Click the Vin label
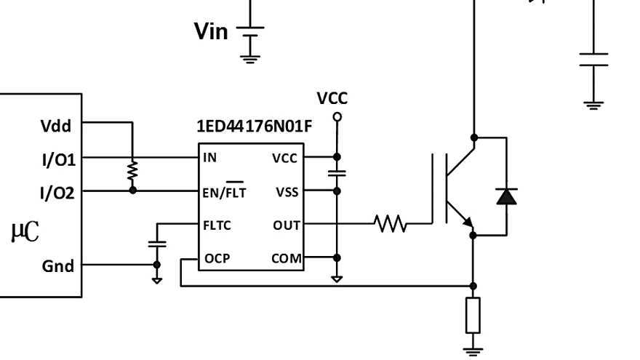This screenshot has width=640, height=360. click(x=211, y=31)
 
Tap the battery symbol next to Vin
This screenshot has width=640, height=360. click(x=250, y=33)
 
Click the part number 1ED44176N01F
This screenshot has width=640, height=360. click(x=255, y=126)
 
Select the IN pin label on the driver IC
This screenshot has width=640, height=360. click(x=209, y=157)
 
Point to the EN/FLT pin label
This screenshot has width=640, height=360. click(x=225, y=192)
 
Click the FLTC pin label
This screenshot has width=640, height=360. click(x=217, y=225)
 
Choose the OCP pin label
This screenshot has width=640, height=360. click(x=217, y=258)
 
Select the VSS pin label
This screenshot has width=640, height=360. click(x=287, y=192)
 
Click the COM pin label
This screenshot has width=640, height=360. click(x=286, y=258)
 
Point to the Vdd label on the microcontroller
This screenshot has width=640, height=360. click(x=56, y=126)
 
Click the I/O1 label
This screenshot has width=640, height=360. click(x=58, y=159)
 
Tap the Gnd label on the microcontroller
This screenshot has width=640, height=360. click(x=58, y=266)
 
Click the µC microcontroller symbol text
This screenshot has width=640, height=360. click(x=25, y=232)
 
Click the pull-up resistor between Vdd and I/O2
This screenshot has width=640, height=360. click(x=132, y=172)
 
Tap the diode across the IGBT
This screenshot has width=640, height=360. click(x=506, y=196)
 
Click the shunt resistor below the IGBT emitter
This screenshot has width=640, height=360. click(x=473, y=315)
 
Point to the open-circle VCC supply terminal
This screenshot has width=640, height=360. click(x=337, y=116)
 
